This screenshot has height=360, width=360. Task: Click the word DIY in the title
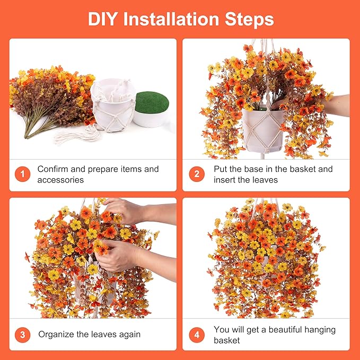click(x=103, y=19)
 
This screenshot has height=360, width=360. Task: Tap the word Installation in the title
click(x=171, y=19)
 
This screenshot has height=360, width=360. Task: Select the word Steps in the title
click(x=249, y=20)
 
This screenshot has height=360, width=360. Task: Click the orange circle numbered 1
click(x=22, y=174)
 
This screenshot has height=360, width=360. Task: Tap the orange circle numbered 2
click(x=197, y=174)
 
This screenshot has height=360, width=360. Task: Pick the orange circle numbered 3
click(x=22, y=335)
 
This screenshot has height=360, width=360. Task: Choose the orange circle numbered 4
click(x=197, y=335)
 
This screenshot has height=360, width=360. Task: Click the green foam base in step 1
click(x=152, y=102)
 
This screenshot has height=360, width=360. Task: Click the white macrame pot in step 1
click(x=113, y=104)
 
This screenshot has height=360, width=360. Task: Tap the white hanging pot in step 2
click(x=263, y=130)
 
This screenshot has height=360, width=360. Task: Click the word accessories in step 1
click(x=60, y=180)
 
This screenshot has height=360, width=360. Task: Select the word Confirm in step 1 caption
click(x=52, y=169)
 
